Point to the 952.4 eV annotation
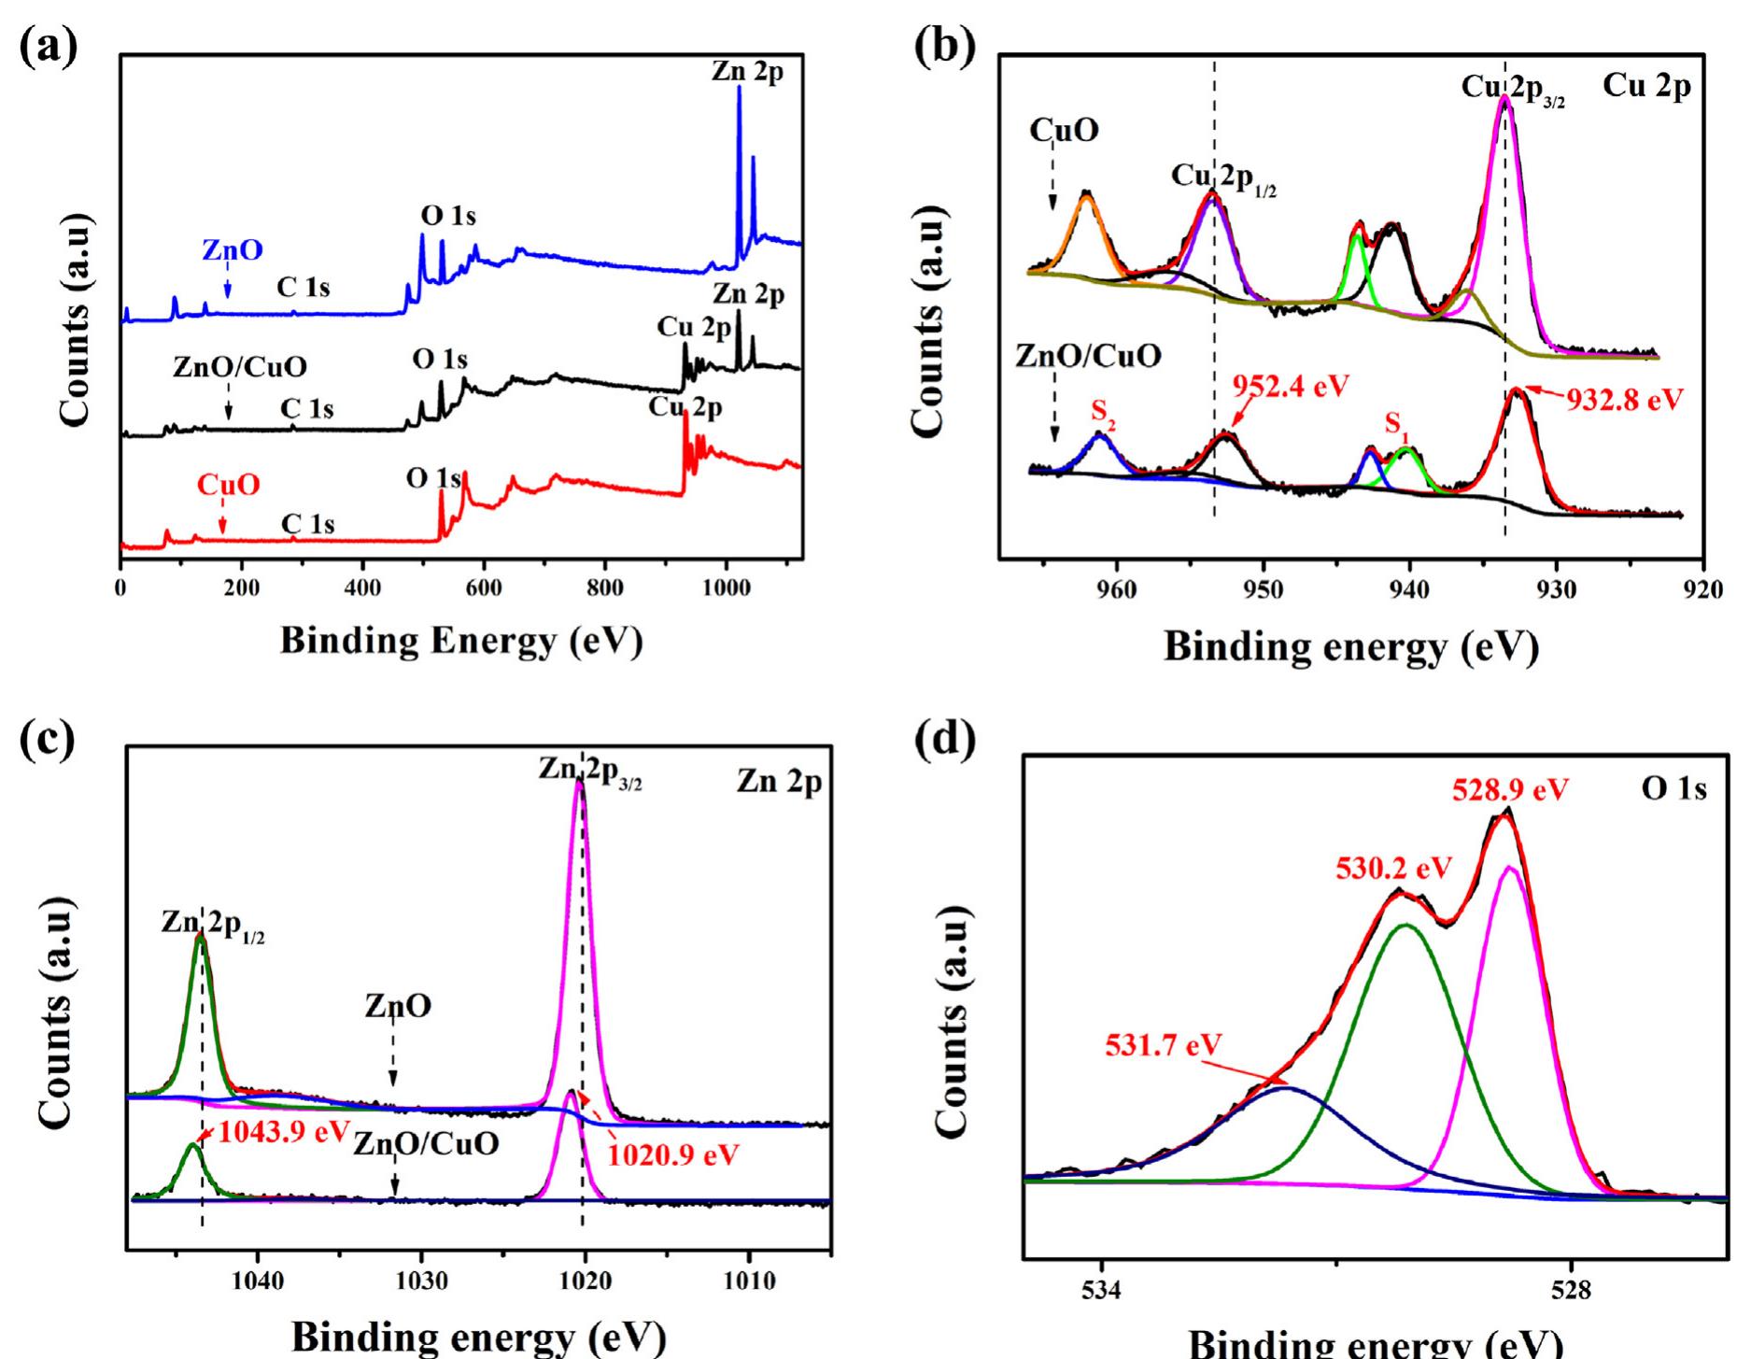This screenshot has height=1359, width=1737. (1290, 386)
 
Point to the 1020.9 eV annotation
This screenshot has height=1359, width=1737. (672, 1154)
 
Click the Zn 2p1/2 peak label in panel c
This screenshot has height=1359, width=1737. (212, 924)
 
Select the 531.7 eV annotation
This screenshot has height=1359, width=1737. (1163, 1044)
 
